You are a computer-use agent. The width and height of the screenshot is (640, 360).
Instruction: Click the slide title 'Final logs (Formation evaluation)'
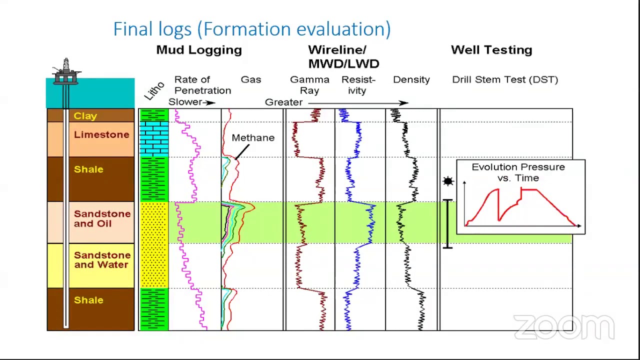[252, 29]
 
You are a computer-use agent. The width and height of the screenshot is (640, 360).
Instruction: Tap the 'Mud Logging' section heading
[199, 50]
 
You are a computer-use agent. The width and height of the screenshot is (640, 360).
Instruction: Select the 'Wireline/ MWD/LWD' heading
[343, 56]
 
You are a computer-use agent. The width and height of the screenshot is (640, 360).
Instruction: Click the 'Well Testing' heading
[491, 50]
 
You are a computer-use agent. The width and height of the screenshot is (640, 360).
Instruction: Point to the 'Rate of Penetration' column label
[202, 85]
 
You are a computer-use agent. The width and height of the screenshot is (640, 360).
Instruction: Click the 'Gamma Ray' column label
[309, 85]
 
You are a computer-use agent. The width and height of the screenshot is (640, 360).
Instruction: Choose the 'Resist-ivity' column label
[358, 85]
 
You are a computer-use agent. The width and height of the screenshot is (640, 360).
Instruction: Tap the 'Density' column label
[411, 79]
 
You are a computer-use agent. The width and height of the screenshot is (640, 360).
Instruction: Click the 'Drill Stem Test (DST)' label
[504, 79]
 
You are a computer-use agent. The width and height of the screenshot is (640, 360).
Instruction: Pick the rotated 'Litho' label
[154, 90]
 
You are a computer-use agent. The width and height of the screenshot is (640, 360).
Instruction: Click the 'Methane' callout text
[253, 137]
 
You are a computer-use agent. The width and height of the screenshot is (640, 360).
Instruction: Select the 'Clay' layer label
[85, 116]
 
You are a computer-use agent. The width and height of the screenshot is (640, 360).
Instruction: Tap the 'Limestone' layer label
[101, 134]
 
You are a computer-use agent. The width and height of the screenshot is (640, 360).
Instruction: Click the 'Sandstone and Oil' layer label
[102, 218]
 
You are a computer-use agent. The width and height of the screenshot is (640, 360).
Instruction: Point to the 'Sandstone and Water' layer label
[102, 260]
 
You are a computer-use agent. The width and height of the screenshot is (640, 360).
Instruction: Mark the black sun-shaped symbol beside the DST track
[448, 181]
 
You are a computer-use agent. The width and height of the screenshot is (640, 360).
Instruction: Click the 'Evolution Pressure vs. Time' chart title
[518, 172]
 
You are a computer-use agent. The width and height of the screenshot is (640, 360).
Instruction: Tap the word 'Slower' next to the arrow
[184, 102]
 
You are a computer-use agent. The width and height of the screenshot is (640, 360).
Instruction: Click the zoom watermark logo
[563, 327]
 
